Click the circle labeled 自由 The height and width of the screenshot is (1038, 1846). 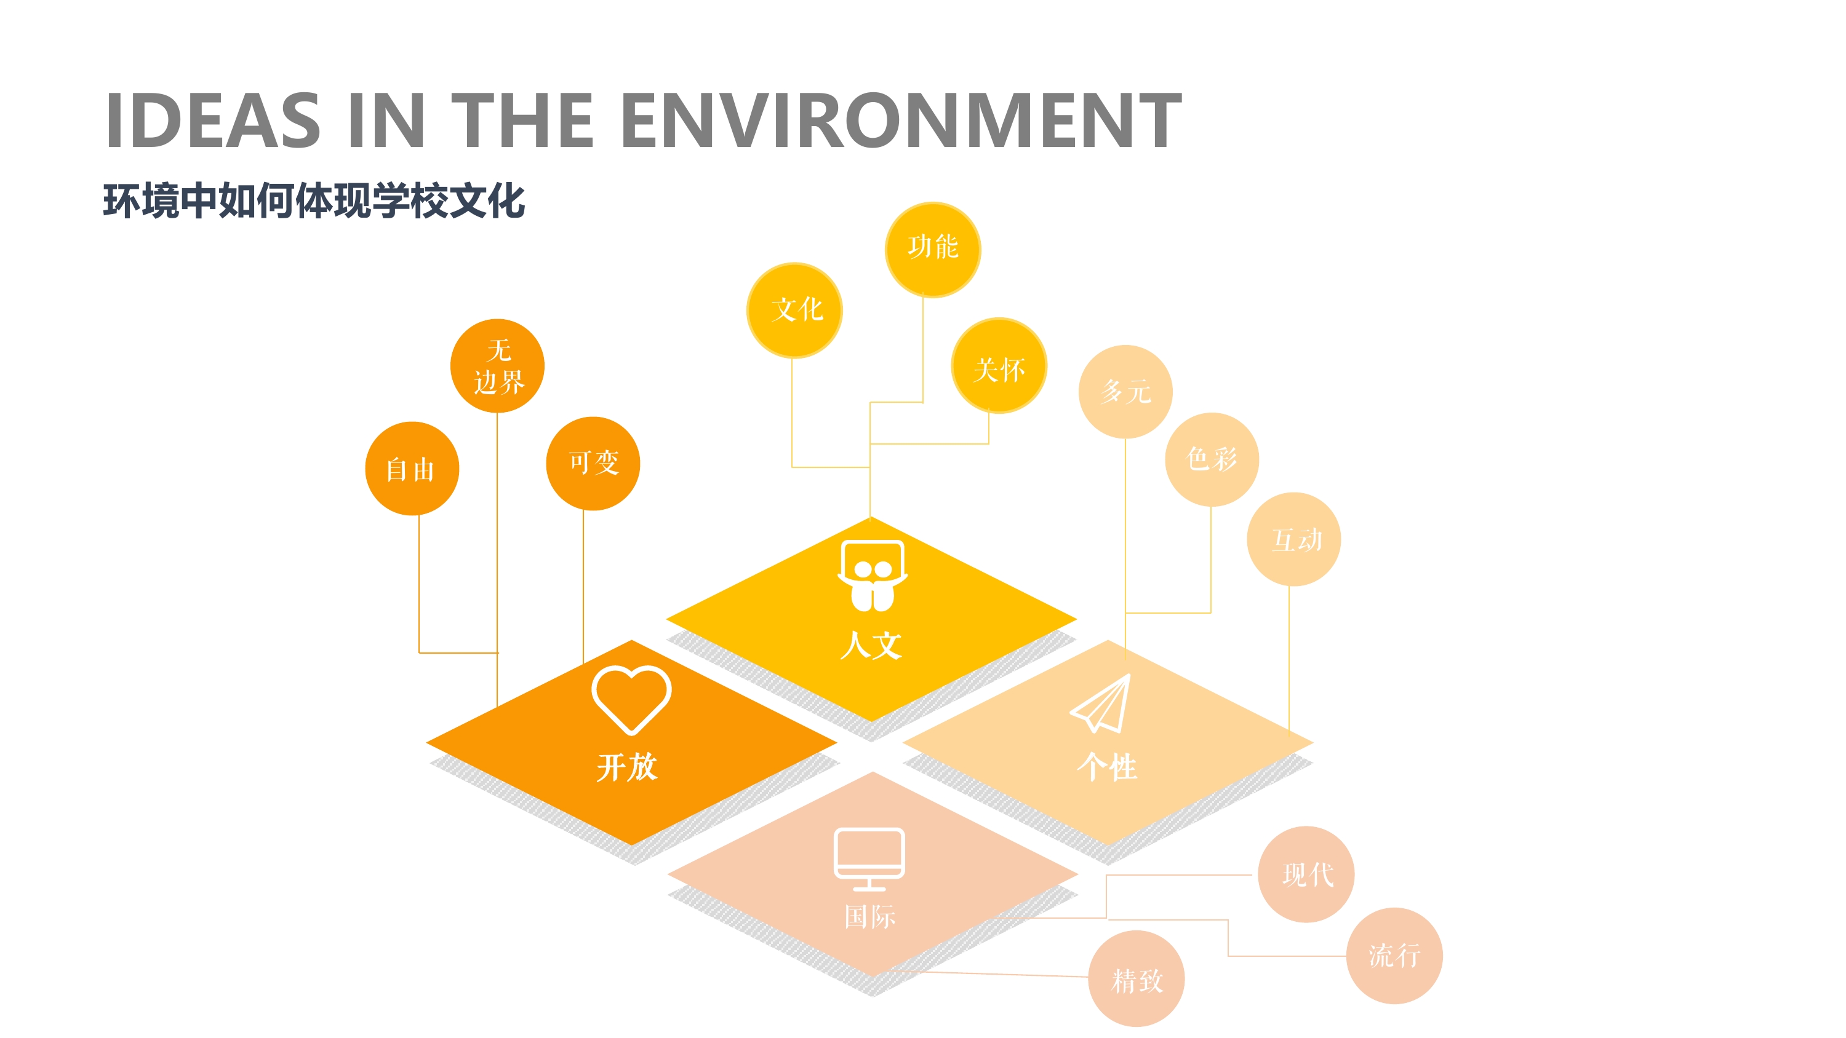[412, 469]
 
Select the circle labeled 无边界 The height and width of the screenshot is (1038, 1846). [497, 366]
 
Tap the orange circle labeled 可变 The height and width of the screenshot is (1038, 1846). [593, 464]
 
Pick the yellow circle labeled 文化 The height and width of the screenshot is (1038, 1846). [795, 310]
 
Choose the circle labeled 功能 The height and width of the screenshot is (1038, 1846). [933, 249]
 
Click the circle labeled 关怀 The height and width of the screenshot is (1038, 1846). [999, 365]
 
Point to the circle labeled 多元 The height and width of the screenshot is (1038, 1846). [1126, 392]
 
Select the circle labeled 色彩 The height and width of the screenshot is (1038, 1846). [1212, 459]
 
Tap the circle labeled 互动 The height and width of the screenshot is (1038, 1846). [1293, 539]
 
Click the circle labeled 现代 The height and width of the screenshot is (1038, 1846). [1306, 874]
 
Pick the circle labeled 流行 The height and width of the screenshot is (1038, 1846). [1394, 956]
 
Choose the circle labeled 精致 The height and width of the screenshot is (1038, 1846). [1137, 978]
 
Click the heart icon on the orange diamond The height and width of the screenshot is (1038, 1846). [631, 700]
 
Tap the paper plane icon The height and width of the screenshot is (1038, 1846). [1101, 703]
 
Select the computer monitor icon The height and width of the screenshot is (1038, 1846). [869, 859]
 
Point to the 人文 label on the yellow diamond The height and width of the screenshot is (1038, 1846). [871, 644]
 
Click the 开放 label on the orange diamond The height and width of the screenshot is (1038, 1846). [627, 766]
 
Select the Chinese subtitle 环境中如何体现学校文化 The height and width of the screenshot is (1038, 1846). [314, 200]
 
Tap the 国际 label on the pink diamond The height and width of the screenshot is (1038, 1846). [870, 916]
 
